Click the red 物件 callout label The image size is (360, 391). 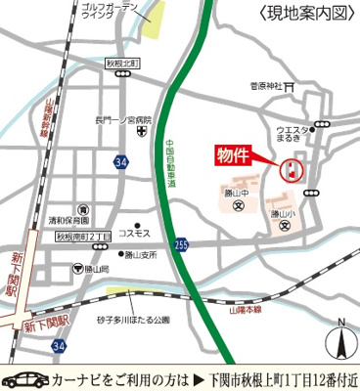236,155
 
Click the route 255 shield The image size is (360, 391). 182,244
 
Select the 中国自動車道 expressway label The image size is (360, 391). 168,161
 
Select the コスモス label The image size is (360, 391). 134,234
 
